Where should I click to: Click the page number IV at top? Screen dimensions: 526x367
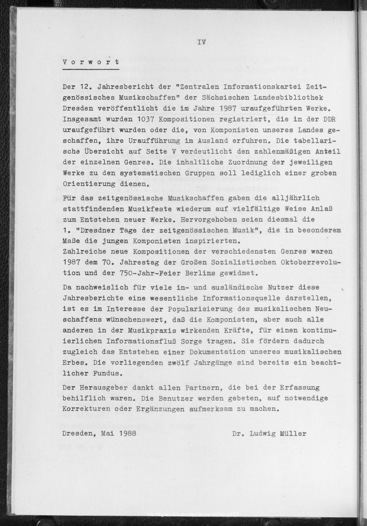click(x=201, y=42)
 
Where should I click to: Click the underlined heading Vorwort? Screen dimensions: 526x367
click(x=91, y=62)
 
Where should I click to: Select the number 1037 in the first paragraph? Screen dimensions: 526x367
click(x=148, y=119)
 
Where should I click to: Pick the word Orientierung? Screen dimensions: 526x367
click(x=89, y=184)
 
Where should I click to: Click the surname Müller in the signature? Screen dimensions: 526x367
click(x=292, y=433)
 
